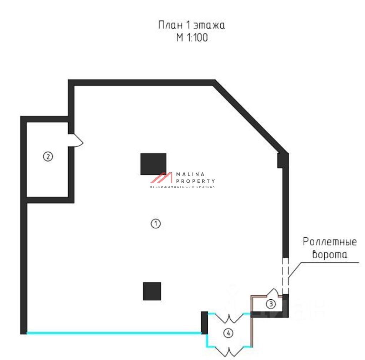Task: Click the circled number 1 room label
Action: pos(156,224)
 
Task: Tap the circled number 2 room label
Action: pos(48,156)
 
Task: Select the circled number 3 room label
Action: pos(271,304)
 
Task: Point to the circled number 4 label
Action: pos(228,333)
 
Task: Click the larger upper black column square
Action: pos(153,164)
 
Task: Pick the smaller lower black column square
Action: pos(152,291)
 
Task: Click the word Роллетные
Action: pos(330,242)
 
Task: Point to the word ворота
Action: pos(330,255)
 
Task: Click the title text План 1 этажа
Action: pos(192,25)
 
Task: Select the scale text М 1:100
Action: pos(192,37)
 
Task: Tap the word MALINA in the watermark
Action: pos(190,174)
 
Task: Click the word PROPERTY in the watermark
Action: pos(195,181)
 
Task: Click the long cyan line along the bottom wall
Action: pos(114,333)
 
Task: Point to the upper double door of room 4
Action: pos(229,317)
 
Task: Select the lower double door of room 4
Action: pos(229,351)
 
